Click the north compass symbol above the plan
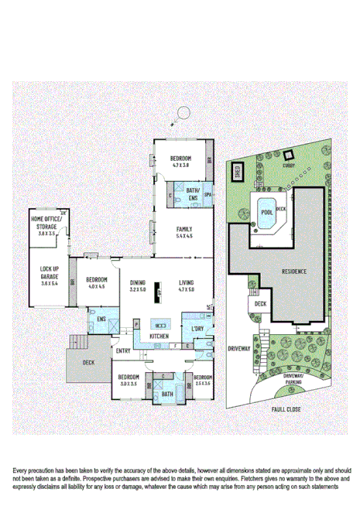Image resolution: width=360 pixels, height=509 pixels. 183,113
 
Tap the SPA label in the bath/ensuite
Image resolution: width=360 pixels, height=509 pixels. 207,194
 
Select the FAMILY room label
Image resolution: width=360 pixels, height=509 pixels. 183,229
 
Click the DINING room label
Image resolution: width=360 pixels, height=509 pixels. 138,283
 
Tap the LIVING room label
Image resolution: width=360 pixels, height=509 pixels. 187,283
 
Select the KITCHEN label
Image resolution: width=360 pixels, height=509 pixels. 159,336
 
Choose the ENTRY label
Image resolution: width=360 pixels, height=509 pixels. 124,351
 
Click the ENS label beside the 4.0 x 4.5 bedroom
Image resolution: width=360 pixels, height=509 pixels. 100,317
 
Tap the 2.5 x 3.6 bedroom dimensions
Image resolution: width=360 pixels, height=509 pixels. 202,383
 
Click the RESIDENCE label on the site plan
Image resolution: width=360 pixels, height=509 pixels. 293,272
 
